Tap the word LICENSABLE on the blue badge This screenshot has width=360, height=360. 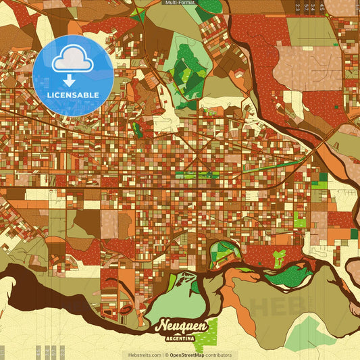pos(72,95)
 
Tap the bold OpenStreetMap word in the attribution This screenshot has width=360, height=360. pos(187,355)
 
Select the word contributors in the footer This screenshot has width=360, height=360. pos(218,355)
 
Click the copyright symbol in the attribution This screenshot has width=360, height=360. pos(166,355)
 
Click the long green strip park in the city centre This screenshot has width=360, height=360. pos(197,174)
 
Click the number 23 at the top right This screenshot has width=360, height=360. pos(297,7)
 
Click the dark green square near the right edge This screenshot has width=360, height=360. pos(323,177)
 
